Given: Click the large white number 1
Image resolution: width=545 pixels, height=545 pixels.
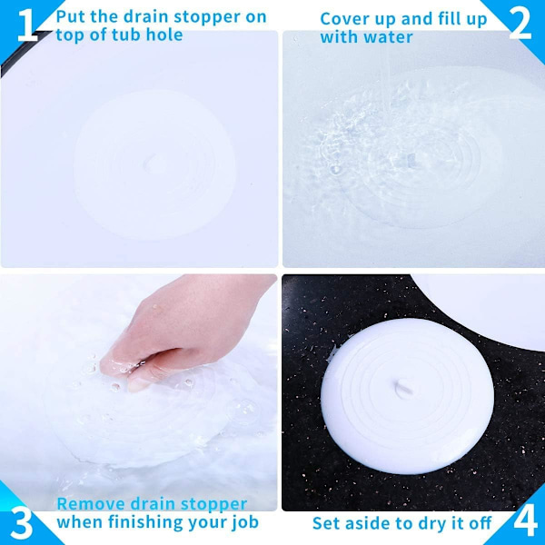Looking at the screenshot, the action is [26, 25].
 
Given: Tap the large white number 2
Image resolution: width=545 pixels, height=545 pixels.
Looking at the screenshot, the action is [520, 24].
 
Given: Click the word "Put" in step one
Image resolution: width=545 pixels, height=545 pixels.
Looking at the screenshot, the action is [71, 16].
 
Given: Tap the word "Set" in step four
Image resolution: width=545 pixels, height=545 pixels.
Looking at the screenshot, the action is [327, 523].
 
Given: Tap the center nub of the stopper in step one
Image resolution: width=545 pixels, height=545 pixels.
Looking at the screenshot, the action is [150, 163].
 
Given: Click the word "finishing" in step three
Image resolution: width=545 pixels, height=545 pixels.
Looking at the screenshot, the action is [146, 523].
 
